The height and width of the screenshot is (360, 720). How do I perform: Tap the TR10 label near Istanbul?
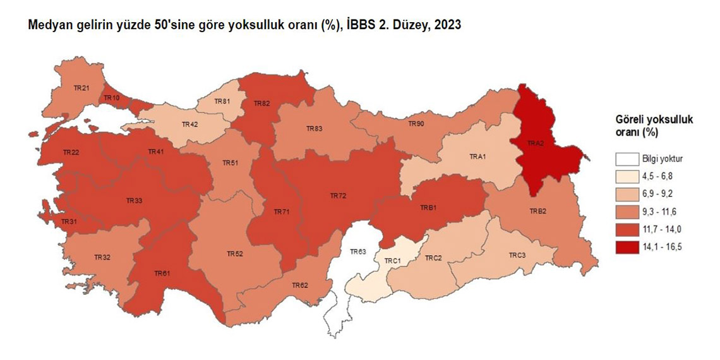point(111,98)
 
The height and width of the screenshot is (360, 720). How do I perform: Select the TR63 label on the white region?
point(357,252)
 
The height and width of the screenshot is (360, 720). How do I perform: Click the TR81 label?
point(222,101)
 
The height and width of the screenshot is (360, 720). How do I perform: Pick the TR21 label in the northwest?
point(80,88)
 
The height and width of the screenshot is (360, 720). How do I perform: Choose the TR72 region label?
point(338,196)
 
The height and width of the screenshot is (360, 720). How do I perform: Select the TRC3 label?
point(517,255)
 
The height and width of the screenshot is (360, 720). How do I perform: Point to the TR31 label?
point(69,222)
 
